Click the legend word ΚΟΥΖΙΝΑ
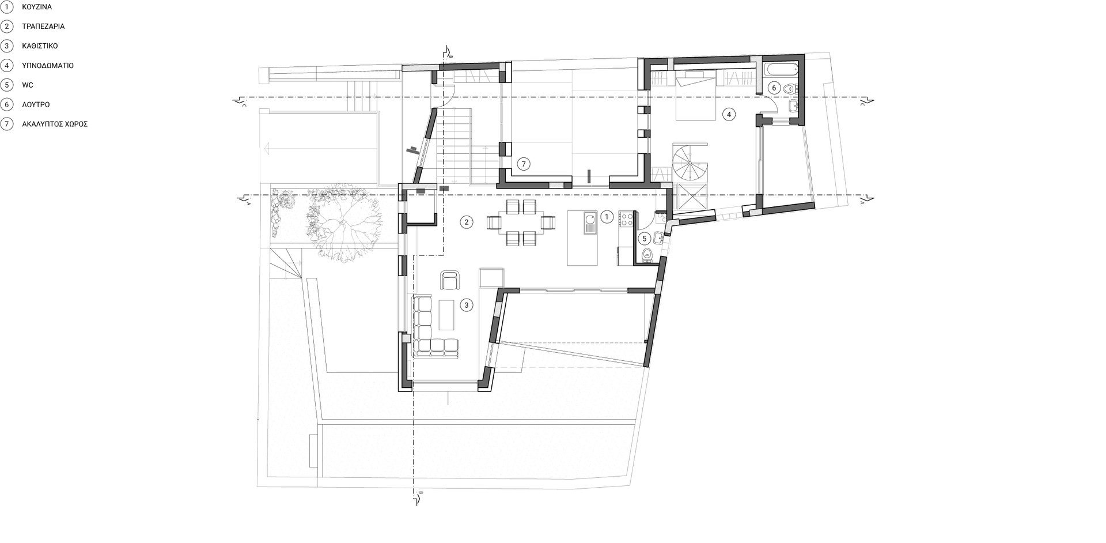click(x=37, y=7)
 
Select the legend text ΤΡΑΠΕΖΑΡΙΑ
click(x=43, y=27)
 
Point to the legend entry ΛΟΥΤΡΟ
click(x=36, y=105)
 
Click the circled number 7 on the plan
click(x=523, y=164)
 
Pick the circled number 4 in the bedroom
click(x=728, y=115)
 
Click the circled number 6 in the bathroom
click(x=774, y=88)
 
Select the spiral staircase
click(x=691, y=163)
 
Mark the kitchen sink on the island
click(x=590, y=223)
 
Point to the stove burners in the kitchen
click(x=626, y=218)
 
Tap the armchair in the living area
click(x=450, y=280)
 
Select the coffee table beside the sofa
click(x=447, y=315)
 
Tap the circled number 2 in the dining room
click(x=467, y=222)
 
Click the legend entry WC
click(x=28, y=85)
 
